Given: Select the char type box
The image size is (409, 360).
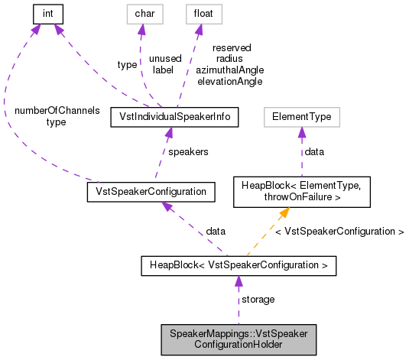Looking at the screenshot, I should pos(139,13).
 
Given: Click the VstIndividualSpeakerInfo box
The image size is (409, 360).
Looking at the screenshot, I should pos(175,117).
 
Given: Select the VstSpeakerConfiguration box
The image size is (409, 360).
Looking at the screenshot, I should pos(151,191).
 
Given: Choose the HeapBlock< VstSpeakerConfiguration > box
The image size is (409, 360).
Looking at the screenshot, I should pos(239,265).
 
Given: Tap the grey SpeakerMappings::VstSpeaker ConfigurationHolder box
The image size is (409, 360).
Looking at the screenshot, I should pos(238,339).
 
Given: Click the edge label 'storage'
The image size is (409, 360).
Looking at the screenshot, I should pos(258,299).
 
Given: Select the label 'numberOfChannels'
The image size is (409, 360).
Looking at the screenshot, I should pos(57,110).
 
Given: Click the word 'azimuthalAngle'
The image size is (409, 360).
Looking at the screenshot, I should pos(229,70).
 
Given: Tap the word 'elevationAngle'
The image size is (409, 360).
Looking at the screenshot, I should pos(229,80).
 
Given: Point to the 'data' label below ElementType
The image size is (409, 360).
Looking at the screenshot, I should pos(313,151).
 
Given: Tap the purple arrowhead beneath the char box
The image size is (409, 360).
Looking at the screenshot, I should pos(140,30).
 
